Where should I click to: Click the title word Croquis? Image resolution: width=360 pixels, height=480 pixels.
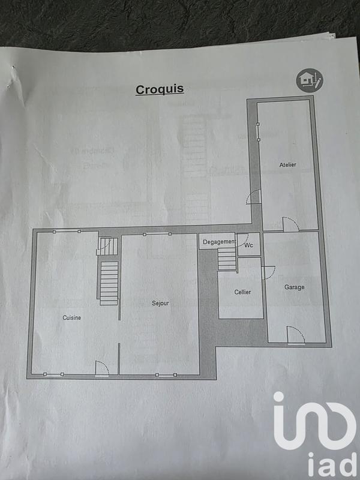click(160, 89)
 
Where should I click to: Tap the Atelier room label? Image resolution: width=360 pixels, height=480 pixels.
click(287, 164)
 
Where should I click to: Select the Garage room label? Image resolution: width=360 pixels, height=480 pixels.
click(294, 287)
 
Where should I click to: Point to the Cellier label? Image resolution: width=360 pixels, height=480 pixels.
click(242, 292)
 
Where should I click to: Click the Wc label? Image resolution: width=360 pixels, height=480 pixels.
click(248, 245)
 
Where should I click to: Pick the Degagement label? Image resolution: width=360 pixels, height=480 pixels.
click(218, 242)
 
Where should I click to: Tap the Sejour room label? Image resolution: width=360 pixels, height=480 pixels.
click(160, 303)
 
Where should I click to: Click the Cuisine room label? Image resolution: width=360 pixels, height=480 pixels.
click(71, 317)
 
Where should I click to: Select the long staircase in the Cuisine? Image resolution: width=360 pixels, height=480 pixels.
click(108, 282)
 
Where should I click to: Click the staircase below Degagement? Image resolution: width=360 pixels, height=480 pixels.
click(227, 260)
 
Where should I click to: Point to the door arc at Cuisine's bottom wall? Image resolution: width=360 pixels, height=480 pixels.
click(101, 369)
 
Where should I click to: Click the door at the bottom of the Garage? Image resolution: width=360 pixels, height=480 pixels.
click(296, 336)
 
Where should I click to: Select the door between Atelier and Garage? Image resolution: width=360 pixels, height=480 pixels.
click(290, 224)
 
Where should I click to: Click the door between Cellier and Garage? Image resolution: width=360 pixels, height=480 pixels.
click(268, 270)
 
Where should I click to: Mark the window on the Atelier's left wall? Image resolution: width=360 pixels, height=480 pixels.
click(257, 132)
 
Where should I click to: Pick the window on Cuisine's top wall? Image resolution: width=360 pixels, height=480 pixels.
click(65, 231)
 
